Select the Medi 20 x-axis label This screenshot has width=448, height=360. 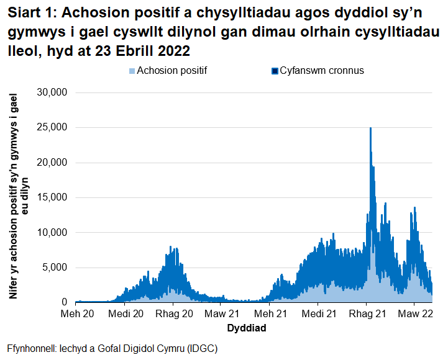tap(126, 313)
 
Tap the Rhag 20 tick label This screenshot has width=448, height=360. tap(174, 313)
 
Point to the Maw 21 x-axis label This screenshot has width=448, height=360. tap(221, 313)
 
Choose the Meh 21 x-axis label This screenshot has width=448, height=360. tap(269, 313)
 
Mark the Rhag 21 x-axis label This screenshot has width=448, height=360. tap(367, 313)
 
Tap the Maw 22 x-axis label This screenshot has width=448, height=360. tap(414, 313)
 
